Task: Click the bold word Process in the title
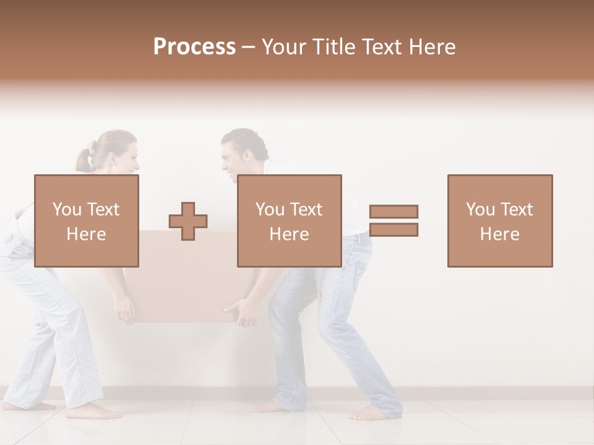[194, 46]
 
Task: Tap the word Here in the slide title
[431, 46]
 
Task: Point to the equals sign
[394, 221]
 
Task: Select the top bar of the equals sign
[394, 211]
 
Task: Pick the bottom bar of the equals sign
[394, 230]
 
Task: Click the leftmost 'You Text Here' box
[87, 221]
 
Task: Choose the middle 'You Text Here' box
[289, 221]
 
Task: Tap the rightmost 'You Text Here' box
[499, 221]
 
